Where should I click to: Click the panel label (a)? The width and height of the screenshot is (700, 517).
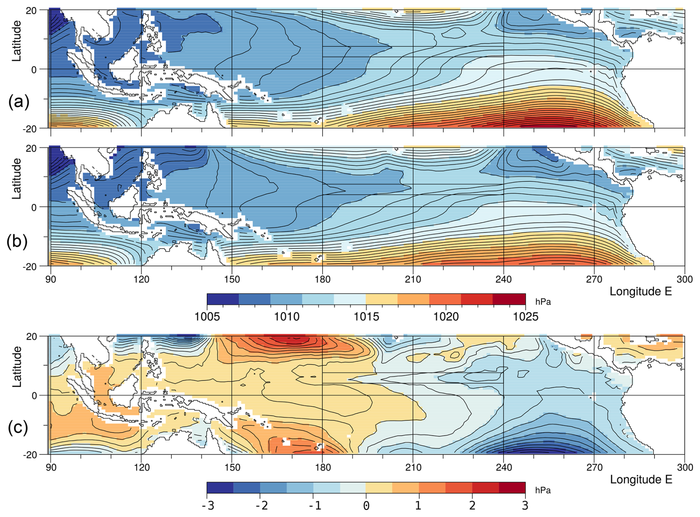(x=18, y=101)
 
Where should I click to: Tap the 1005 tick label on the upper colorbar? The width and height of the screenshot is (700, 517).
(x=207, y=317)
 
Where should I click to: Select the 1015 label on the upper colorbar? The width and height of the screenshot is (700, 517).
(x=366, y=317)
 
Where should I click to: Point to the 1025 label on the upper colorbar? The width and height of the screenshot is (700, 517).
(x=525, y=317)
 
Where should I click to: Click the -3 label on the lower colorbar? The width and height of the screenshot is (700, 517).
(x=208, y=506)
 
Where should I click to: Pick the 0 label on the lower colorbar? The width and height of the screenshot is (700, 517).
(x=366, y=506)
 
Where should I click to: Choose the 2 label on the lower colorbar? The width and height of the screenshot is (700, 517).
(x=472, y=506)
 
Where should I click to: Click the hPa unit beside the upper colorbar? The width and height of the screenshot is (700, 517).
(x=543, y=302)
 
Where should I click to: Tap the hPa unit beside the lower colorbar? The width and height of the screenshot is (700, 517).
(x=543, y=490)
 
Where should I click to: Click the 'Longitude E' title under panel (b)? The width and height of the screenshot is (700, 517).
(x=640, y=292)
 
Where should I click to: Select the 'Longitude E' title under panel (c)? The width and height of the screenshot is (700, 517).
(x=641, y=480)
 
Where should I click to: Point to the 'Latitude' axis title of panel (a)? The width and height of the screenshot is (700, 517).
(x=17, y=41)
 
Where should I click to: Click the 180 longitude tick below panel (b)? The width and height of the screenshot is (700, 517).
(x=322, y=279)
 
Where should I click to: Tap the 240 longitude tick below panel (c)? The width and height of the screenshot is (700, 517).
(x=504, y=467)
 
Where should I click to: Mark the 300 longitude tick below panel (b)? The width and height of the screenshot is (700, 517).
(x=684, y=279)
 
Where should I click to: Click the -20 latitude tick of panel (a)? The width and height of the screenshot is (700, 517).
(x=31, y=129)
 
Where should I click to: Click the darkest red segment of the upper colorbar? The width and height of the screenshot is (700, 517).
(x=509, y=299)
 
